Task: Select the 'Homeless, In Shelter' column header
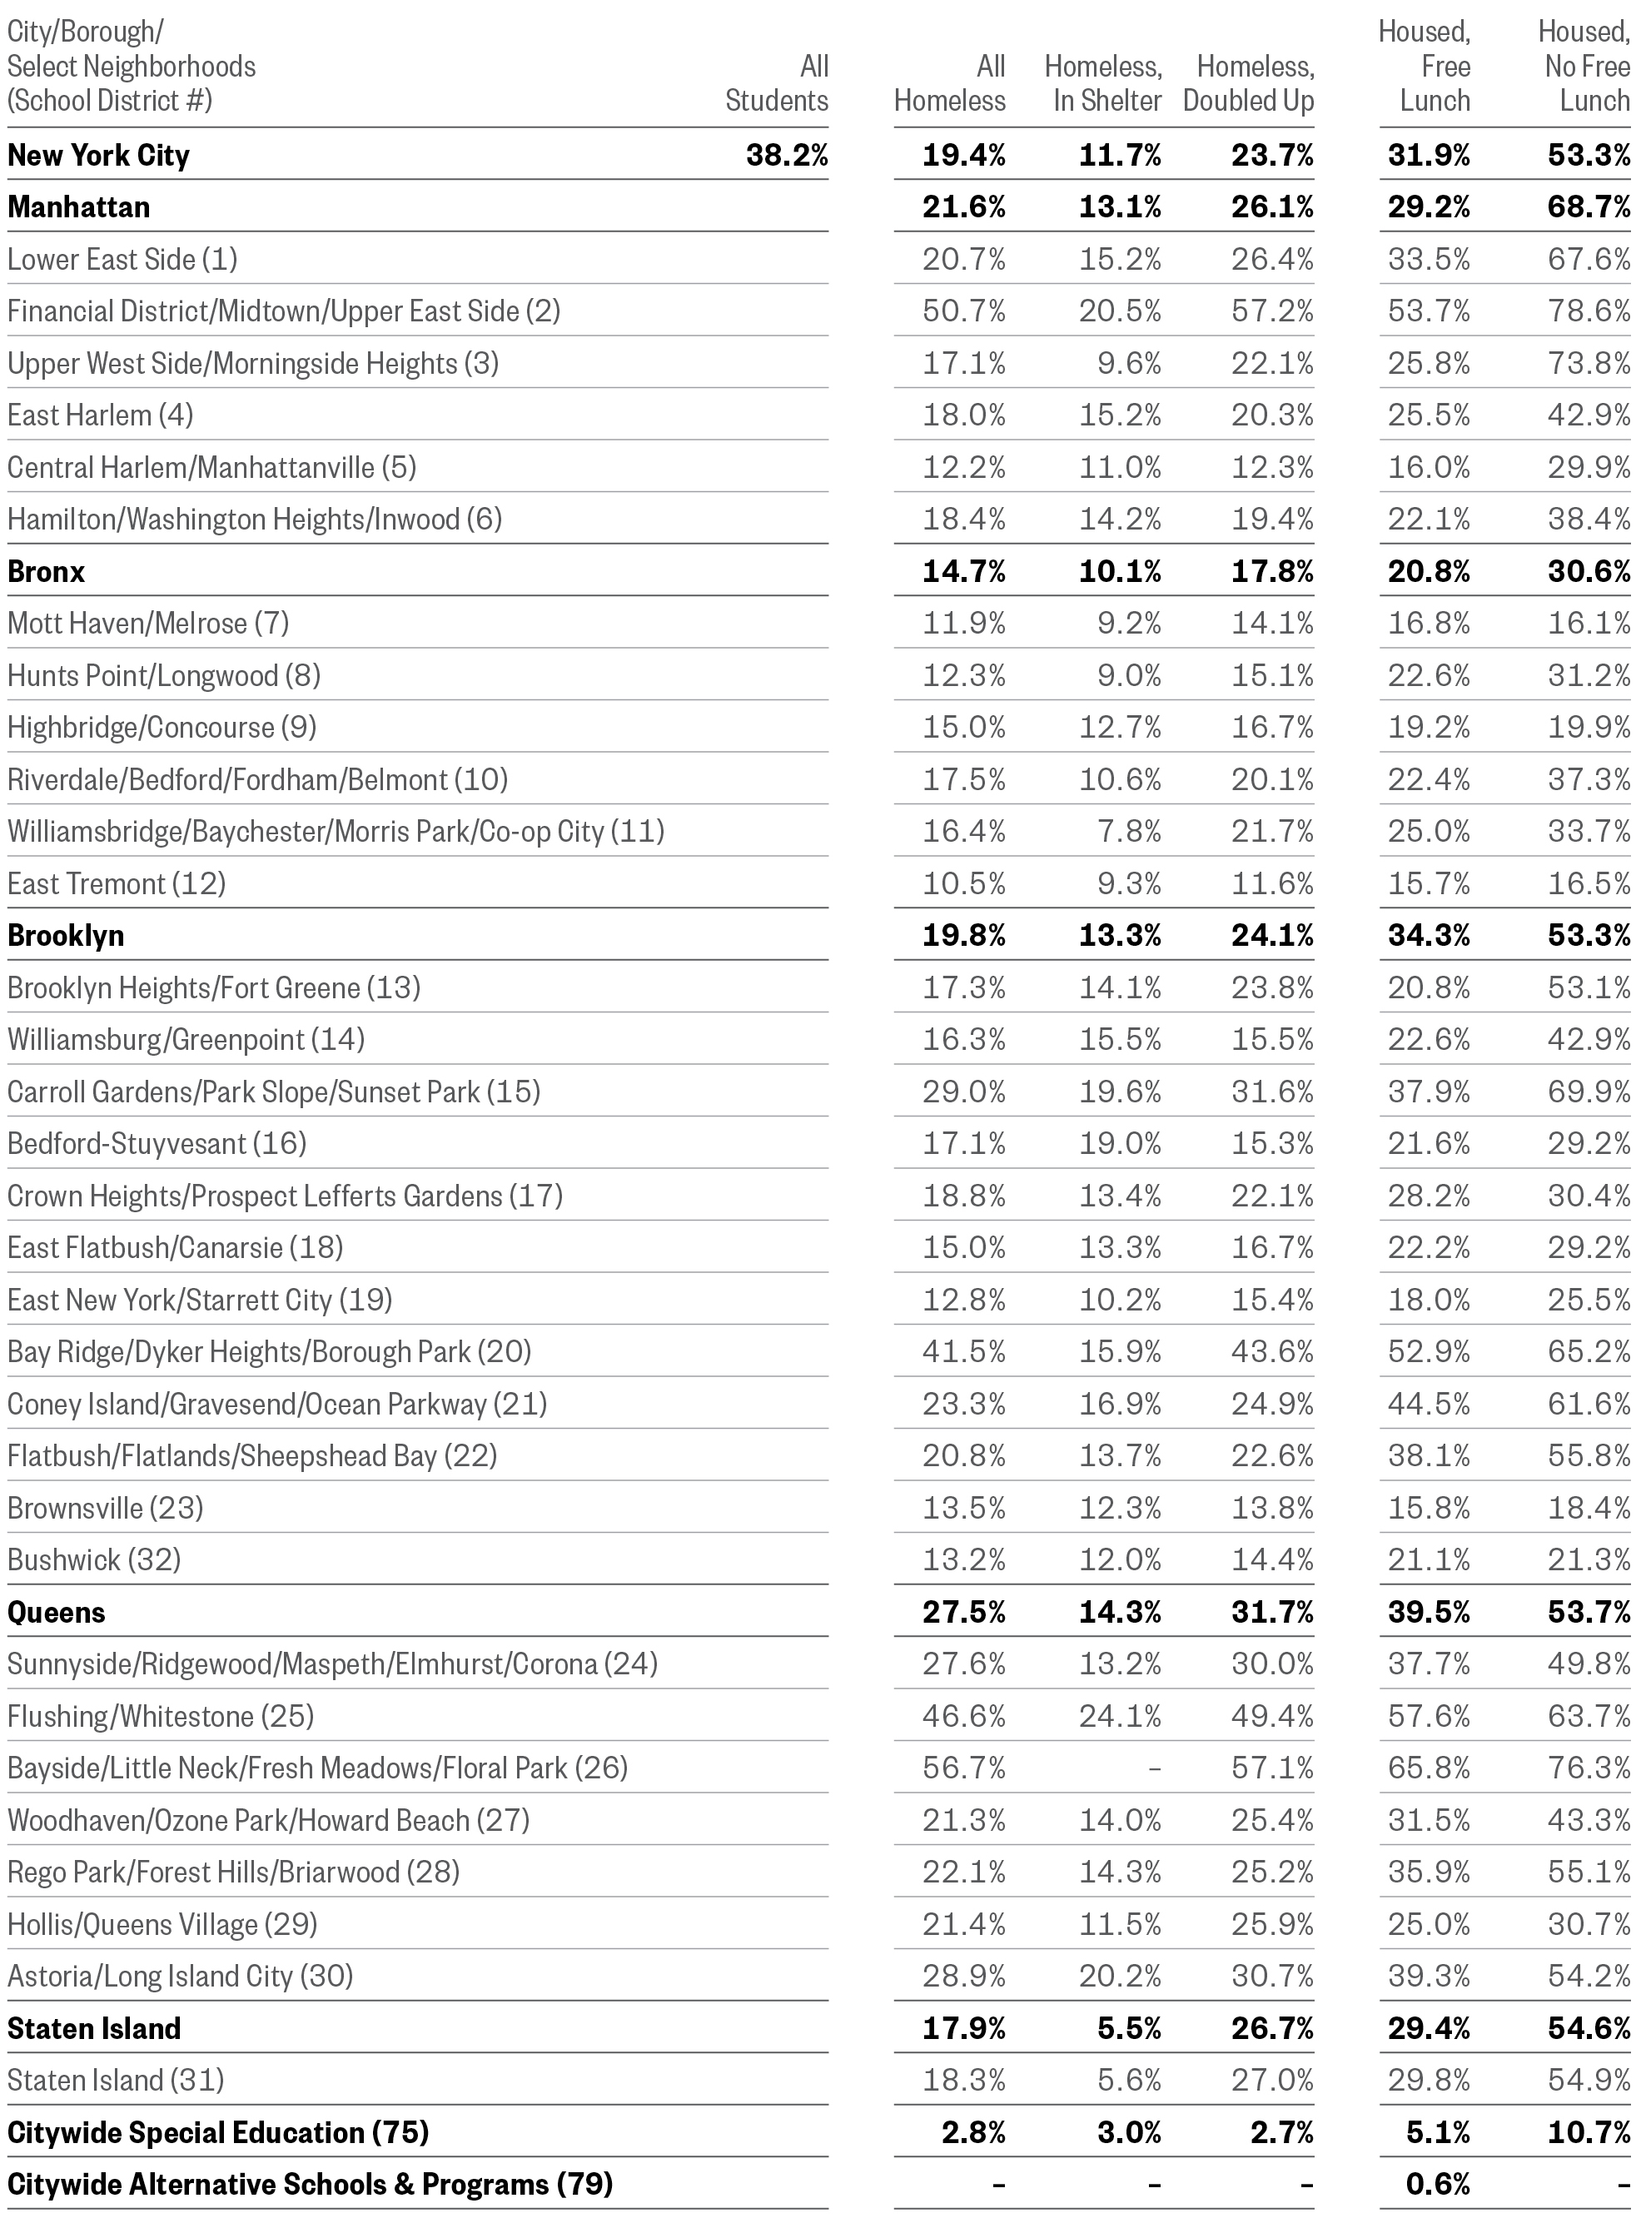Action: (x=1104, y=83)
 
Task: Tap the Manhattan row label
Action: (x=79, y=207)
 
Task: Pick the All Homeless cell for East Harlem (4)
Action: (x=963, y=415)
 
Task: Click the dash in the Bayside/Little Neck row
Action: (x=1154, y=1768)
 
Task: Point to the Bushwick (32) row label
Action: (x=94, y=1559)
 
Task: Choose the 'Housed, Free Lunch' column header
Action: (x=1426, y=67)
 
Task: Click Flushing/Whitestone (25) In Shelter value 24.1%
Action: (x=1120, y=1716)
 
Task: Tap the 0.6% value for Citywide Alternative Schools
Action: (x=1438, y=2185)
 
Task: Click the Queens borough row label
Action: (x=57, y=1612)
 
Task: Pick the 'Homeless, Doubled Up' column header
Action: (x=1250, y=83)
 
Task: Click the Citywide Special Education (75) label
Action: (x=218, y=2133)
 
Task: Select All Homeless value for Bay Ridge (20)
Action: (x=963, y=1351)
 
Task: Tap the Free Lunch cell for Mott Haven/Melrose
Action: (x=1428, y=623)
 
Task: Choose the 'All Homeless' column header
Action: (x=950, y=83)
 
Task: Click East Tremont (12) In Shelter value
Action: (x=1129, y=883)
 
